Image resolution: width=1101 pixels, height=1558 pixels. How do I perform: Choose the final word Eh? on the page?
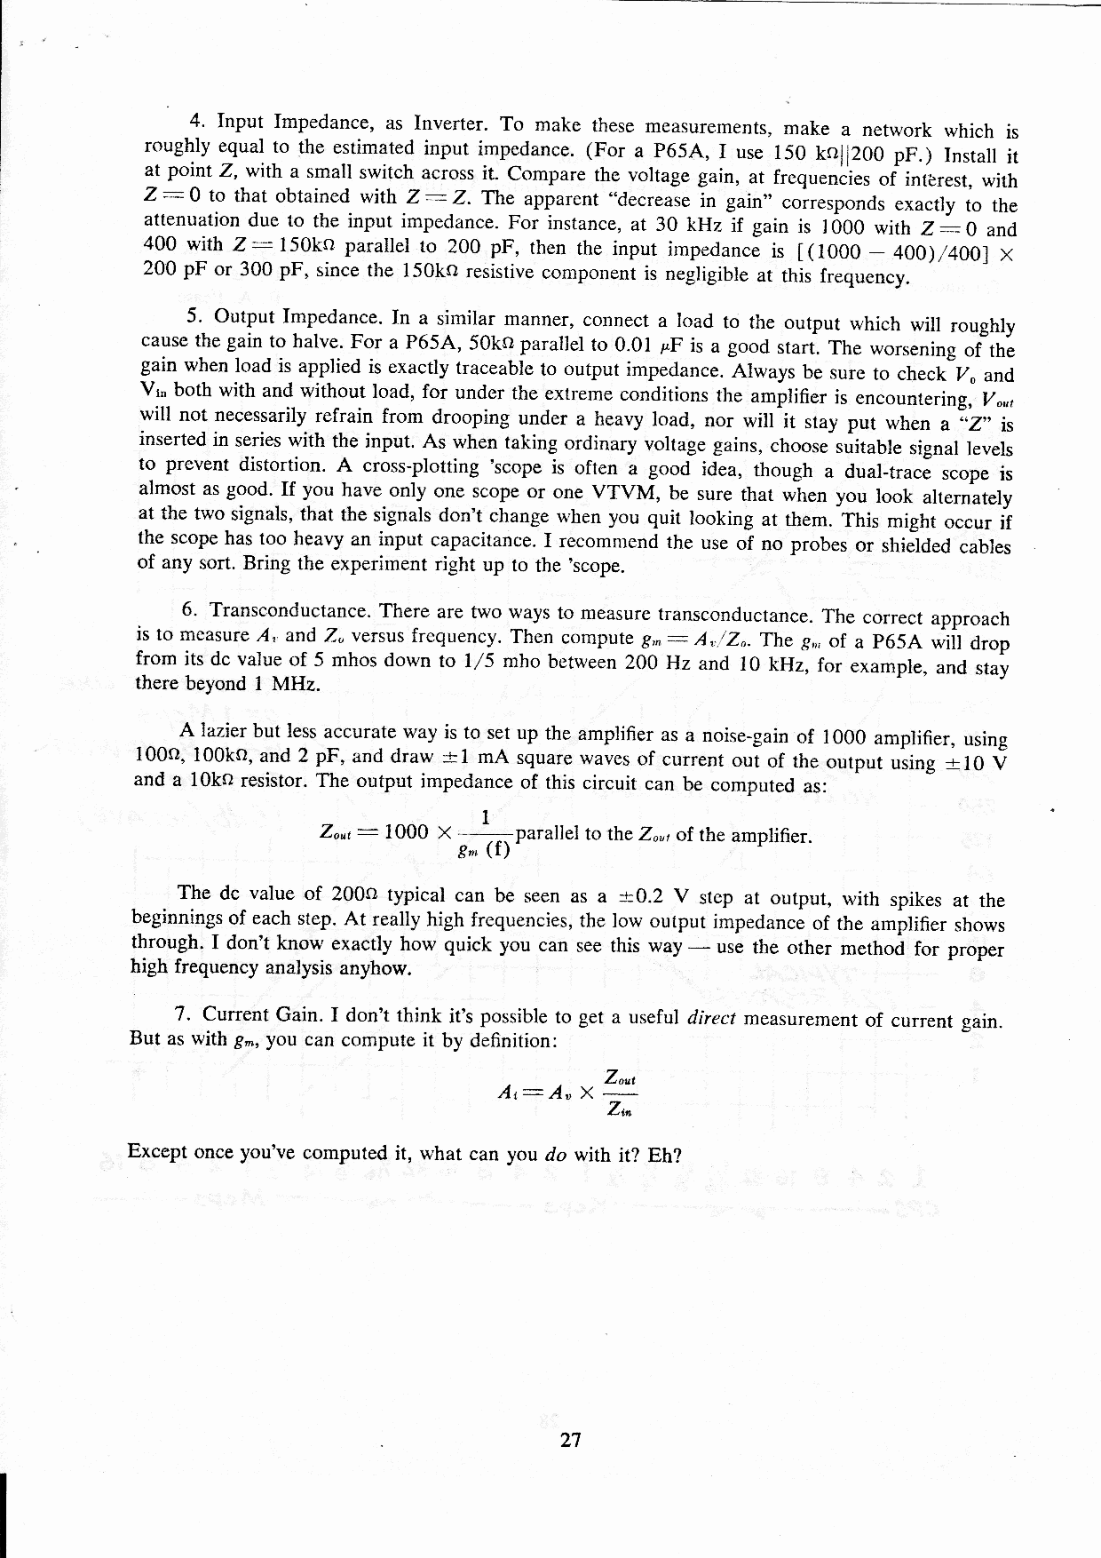pyautogui.click(x=663, y=1156)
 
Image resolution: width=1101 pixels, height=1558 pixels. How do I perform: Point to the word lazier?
pyautogui.click(x=225, y=731)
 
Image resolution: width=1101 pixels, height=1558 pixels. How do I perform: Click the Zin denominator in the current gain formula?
pyautogui.click(x=619, y=1109)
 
